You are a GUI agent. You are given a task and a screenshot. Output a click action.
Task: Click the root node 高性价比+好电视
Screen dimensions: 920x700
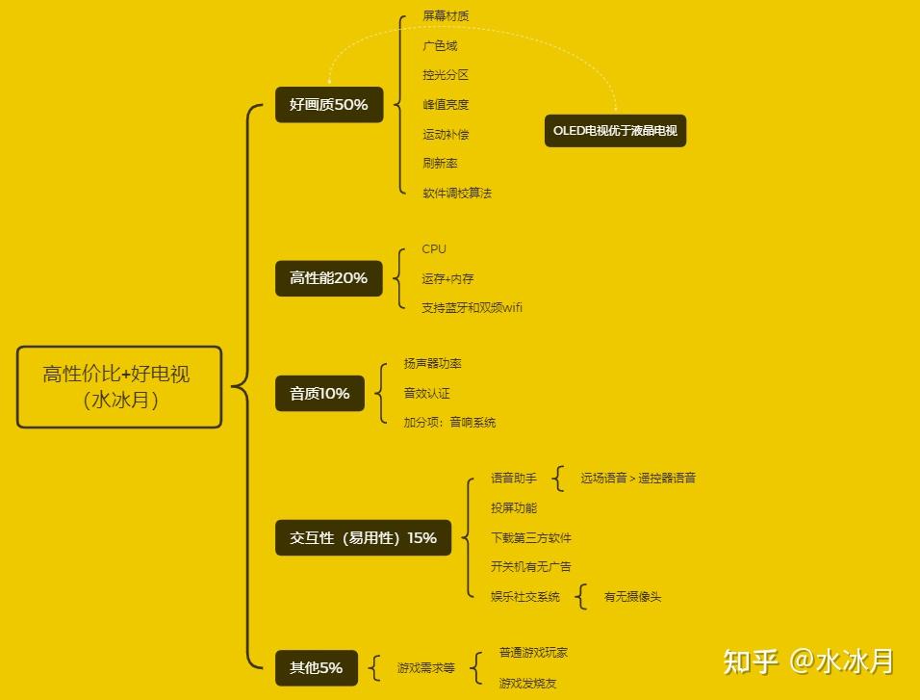tap(119, 387)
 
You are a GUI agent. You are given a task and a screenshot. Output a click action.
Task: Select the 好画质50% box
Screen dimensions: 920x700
tap(328, 104)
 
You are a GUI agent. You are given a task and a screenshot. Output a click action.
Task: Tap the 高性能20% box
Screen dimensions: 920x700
tap(328, 277)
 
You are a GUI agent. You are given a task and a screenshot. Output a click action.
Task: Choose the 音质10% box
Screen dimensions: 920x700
tap(319, 393)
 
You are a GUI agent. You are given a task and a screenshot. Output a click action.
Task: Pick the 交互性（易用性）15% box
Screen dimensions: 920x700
tap(363, 537)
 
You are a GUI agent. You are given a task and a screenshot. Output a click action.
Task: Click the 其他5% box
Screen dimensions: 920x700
tap(316, 667)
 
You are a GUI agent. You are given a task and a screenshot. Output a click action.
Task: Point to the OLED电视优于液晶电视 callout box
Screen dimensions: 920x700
tap(615, 130)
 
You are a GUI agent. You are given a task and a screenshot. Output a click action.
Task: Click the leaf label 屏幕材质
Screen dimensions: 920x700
tap(446, 16)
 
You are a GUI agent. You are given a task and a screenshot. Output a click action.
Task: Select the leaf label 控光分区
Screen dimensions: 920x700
tap(446, 75)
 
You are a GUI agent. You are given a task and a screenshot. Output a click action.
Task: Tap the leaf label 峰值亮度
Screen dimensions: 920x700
tap(446, 105)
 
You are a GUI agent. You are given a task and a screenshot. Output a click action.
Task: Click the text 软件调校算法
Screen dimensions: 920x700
tap(457, 193)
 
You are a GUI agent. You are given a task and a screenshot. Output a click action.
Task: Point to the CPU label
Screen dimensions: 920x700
tap(434, 249)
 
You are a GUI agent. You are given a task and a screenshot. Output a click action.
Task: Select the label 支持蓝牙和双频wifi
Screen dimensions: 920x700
tap(472, 308)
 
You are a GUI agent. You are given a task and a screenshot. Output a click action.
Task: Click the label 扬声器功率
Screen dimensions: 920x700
tap(432, 364)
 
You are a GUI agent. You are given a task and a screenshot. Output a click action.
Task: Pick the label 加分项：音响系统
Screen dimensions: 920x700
tap(449, 423)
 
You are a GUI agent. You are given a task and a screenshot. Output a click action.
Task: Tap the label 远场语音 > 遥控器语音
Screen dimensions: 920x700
tap(637, 478)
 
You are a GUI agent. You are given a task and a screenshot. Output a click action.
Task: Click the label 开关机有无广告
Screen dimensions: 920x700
tap(530, 567)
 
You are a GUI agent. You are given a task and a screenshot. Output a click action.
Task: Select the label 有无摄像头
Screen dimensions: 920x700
tap(632, 597)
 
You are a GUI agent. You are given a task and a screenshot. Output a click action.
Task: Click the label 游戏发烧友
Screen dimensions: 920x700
tap(527, 684)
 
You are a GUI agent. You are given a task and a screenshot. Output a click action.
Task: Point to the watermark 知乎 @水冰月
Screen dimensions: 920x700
tap(808, 661)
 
